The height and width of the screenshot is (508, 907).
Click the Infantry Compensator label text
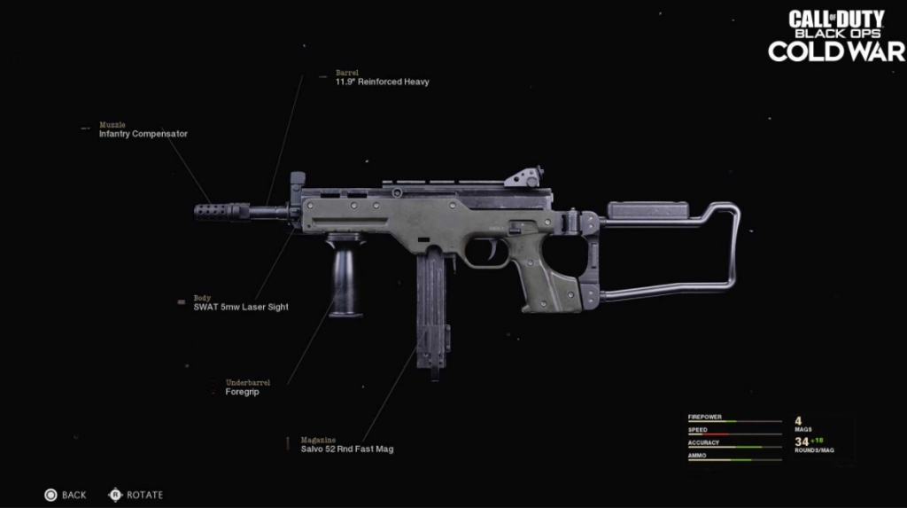tap(143, 134)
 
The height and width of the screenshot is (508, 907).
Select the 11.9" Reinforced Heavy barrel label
tap(382, 82)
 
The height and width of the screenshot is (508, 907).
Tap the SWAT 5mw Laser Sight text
tap(241, 307)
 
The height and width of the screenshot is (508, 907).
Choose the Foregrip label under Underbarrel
tap(242, 391)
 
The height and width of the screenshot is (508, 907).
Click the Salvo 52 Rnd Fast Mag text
tap(346, 449)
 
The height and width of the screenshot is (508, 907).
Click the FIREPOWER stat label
tap(705, 417)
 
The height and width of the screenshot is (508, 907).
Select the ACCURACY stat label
tap(704, 442)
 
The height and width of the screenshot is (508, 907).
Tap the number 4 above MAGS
tap(798, 420)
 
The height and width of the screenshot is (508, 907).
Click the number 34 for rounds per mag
tap(802, 442)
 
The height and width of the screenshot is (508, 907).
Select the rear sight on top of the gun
tap(524, 176)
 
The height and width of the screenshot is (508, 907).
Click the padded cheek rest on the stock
tap(647, 210)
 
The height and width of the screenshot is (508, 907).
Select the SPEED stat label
tap(698, 430)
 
